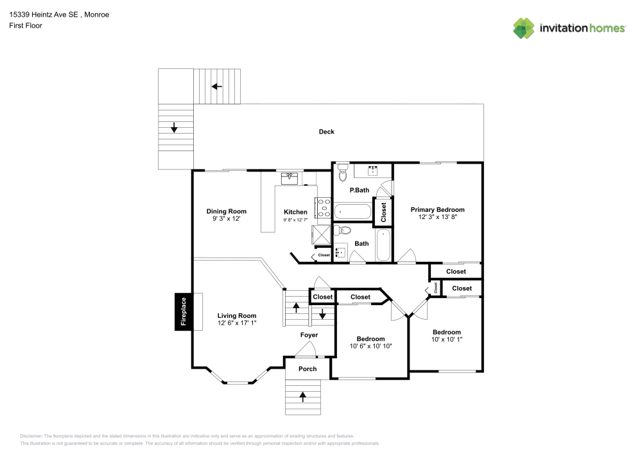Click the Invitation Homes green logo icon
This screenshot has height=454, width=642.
click(x=523, y=28)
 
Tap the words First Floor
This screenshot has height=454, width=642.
click(x=26, y=26)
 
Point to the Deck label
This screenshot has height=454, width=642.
click(x=327, y=132)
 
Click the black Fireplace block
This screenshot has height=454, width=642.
click(x=183, y=312)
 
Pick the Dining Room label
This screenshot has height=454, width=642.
click(x=226, y=211)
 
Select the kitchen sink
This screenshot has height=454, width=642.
click(x=291, y=177)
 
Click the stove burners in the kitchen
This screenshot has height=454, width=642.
click(x=324, y=209)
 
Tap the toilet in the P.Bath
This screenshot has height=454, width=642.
click(x=342, y=172)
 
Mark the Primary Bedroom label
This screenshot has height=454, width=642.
click(x=437, y=210)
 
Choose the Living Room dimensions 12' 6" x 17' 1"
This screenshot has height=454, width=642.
click(x=236, y=323)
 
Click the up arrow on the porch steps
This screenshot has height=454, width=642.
click(x=302, y=396)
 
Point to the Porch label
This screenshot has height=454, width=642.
click(x=308, y=369)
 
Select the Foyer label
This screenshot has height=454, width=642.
click(x=309, y=335)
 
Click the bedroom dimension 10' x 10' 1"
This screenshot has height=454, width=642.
click(x=446, y=340)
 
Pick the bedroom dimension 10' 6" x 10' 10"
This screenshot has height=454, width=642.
click(x=370, y=346)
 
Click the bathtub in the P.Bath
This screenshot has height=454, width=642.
click(x=352, y=211)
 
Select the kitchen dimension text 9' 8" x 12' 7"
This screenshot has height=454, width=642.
click(x=296, y=220)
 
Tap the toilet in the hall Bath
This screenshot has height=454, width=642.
click(x=344, y=230)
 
